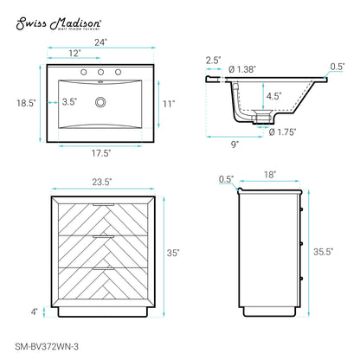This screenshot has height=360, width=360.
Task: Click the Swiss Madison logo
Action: pyautogui.click(x=59, y=23)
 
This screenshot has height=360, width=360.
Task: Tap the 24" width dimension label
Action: pyautogui.click(x=100, y=42)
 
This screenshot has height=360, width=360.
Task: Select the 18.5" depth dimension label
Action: pyautogui.click(x=26, y=103)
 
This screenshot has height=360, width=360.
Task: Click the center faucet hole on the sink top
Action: pyautogui.click(x=100, y=72)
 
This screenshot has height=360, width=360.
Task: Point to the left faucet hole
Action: pyautogui.click(x=84, y=72)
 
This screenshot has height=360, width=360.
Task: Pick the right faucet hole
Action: pyautogui.click(x=118, y=72)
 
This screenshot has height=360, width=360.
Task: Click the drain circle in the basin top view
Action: pyautogui.click(x=100, y=102)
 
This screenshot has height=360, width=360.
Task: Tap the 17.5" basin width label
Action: pyautogui.click(x=101, y=153)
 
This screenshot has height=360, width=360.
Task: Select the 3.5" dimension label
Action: pyautogui.click(x=69, y=101)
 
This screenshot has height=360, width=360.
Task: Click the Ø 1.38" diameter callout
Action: pyautogui.click(x=242, y=69)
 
